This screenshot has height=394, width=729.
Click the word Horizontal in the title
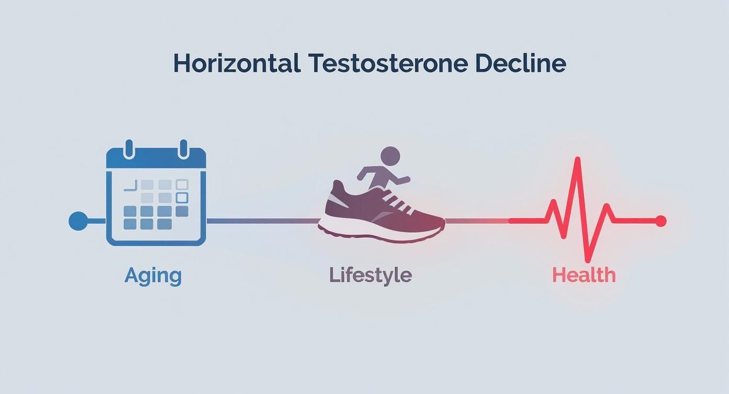[x=236, y=63]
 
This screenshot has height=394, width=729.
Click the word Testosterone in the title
[x=388, y=63]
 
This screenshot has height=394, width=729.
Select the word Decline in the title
[x=521, y=63]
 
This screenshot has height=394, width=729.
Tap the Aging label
[x=153, y=276]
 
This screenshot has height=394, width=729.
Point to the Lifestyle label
[x=370, y=276]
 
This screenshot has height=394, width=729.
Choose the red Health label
[x=584, y=276]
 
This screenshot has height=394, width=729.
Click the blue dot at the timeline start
[x=78, y=221]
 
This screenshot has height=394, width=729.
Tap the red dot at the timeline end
[x=660, y=221]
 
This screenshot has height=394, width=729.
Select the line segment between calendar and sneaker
[x=262, y=221]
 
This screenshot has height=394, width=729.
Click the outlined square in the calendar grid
[x=182, y=198]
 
